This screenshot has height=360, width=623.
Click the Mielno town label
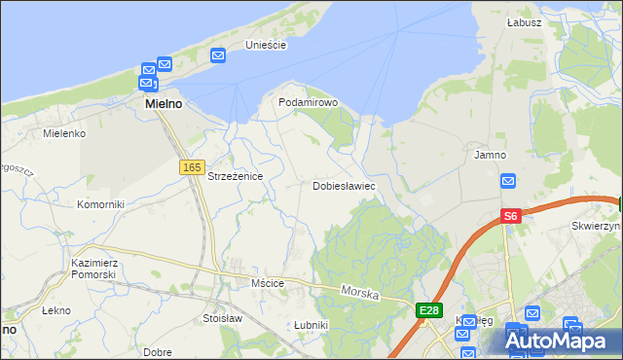coord(165,102)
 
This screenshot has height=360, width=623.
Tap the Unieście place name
coord(265,45)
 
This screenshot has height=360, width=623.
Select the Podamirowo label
coord(308,102)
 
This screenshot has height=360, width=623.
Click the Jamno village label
coord(491,155)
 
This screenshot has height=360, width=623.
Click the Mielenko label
coord(65,132)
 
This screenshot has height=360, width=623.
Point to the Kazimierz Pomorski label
coord(94,269)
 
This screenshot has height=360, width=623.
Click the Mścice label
coord(266,283)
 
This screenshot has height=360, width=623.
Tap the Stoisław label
coord(222,317)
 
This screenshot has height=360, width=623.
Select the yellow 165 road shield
coord(191,168)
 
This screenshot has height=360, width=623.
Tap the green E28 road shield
coord(428,310)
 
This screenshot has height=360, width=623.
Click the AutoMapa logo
coord(557,341)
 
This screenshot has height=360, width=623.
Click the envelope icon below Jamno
coord(508,181)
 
